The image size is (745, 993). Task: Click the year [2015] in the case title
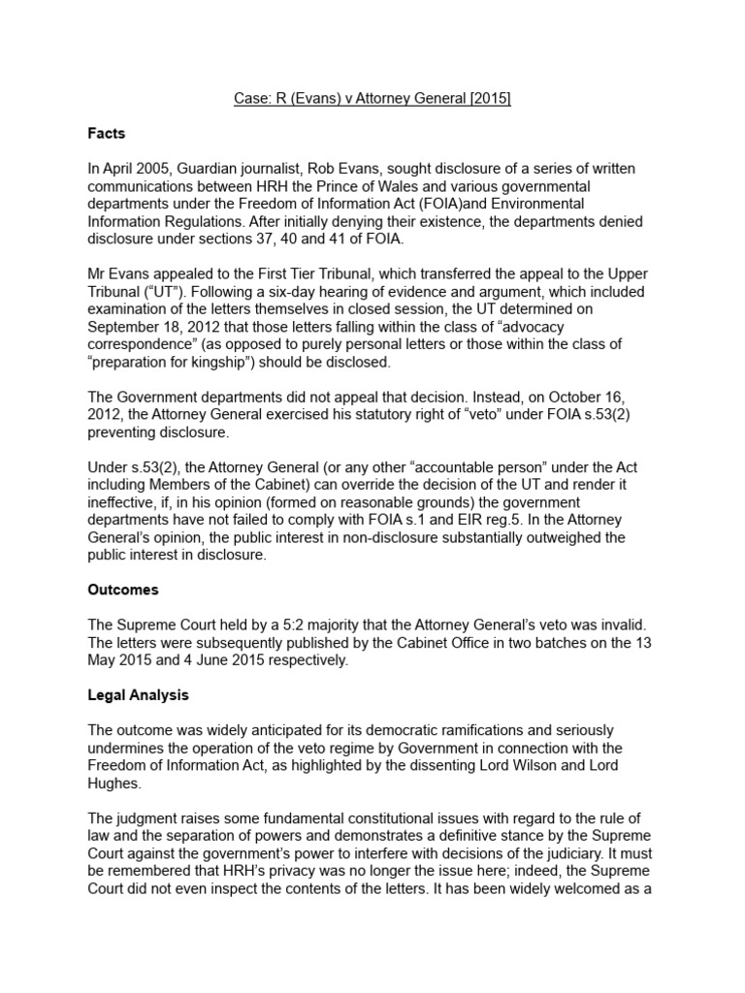click(x=490, y=100)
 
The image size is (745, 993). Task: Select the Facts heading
click(x=107, y=134)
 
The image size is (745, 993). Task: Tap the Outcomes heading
click(x=122, y=590)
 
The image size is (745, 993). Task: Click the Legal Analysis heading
click(x=138, y=695)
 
